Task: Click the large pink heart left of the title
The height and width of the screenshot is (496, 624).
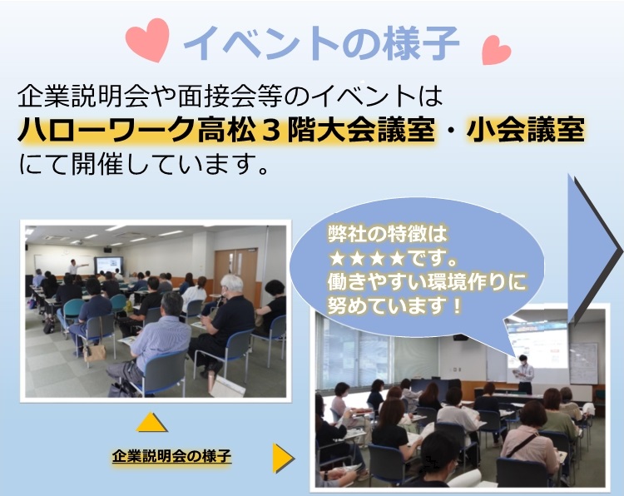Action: point(147,39)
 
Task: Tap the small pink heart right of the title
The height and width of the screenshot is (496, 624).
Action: point(496,50)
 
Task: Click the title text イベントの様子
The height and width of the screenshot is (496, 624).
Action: point(321,42)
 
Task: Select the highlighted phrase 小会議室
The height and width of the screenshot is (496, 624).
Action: point(525,130)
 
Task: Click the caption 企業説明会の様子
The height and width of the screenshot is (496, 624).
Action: point(171,455)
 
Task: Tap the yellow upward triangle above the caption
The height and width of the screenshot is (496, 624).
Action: point(151,422)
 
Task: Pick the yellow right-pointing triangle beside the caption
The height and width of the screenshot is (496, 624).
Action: point(283,459)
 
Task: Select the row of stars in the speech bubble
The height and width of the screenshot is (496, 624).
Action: point(367,259)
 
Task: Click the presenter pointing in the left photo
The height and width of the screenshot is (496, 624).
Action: point(74,266)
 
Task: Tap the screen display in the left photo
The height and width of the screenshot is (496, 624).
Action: point(108,265)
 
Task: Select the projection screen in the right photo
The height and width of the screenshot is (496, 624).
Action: point(538,345)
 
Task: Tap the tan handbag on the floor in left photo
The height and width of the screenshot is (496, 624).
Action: point(94,352)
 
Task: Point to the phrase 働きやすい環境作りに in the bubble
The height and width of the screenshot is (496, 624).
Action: point(427,282)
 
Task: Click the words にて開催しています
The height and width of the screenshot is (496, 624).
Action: point(143,165)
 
